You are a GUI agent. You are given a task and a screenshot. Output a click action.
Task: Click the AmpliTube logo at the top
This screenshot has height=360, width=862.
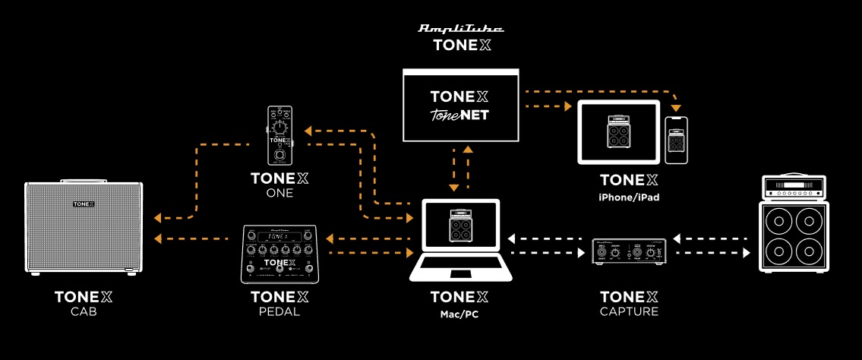461,29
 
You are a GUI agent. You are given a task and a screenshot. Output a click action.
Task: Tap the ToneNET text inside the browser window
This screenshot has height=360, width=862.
461,115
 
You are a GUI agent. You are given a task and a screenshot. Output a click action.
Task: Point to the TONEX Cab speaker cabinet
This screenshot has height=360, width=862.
84,226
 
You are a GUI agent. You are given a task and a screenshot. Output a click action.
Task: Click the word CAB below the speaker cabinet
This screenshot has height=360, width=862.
84,311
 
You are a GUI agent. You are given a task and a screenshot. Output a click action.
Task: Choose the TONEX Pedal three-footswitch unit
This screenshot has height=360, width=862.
279,254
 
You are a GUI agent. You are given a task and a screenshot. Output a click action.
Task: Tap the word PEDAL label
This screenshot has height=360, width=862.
279,311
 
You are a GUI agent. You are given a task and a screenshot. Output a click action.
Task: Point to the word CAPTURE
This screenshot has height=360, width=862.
629,311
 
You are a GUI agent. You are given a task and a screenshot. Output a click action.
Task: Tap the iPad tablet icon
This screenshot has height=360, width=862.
619,133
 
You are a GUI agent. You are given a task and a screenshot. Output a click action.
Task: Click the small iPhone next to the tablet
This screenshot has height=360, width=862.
676,141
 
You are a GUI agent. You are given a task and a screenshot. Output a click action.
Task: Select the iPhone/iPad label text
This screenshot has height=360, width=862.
629,196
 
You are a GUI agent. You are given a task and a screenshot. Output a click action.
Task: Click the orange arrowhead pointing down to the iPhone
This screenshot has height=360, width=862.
675,108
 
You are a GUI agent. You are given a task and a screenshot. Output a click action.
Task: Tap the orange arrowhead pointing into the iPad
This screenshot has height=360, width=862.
567,107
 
